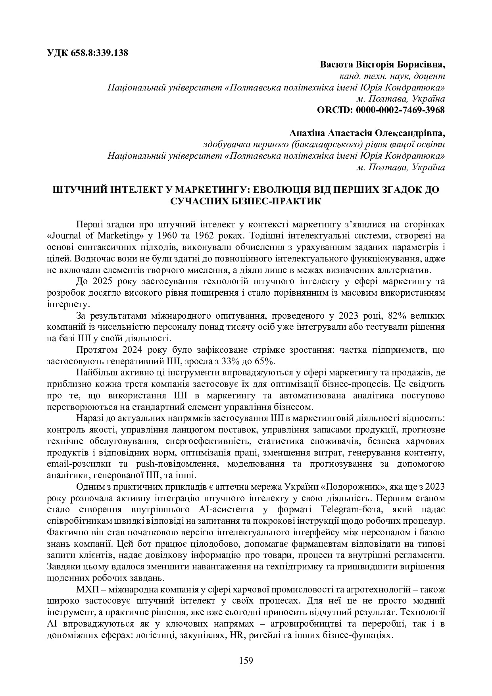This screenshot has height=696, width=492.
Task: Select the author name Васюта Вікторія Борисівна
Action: click(382, 64)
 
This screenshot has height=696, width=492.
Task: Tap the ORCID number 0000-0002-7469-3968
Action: click(400, 110)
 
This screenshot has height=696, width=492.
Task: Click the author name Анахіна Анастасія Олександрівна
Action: click(367, 133)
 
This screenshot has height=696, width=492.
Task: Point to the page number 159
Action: click(246, 661)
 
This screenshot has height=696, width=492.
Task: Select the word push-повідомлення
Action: click(176, 464)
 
